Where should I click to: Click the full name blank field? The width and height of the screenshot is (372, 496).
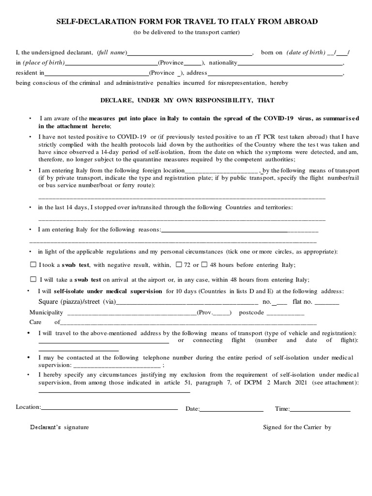pyautogui.click(x=189, y=54)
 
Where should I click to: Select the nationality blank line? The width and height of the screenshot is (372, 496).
pyautogui.click(x=290, y=63)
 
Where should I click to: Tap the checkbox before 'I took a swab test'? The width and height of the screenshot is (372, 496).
pyautogui.click(x=33, y=264)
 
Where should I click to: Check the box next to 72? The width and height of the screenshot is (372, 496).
pyautogui.click(x=179, y=264)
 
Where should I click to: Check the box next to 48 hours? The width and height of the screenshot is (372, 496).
pyautogui.click(x=204, y=264)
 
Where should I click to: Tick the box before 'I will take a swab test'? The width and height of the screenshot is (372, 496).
pyautogui.click(x=33, y=279)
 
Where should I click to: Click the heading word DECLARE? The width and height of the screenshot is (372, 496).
pyautogui.click(x=117, y=100)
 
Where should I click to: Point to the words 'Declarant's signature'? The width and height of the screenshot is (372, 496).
pyautogui.click(x=60, y=427)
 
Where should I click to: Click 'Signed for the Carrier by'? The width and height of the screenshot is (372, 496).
pyautogui.click(x=297, y=427)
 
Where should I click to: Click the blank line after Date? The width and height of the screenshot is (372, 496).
pyautogui.click(x=232, y=410)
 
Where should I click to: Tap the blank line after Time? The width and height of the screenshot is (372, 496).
pyautogui.click(x=320, y=410)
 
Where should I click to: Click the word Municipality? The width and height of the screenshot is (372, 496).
pyautogui.click(x=46, y=312)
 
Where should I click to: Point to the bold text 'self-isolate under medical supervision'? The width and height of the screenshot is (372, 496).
pyautogui.click(x=108, y=291)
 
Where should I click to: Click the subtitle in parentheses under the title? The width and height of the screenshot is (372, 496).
pyautogui.click(x=186, y=32)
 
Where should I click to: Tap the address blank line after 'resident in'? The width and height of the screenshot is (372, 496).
pyautogui.click(x=275, y=74)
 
